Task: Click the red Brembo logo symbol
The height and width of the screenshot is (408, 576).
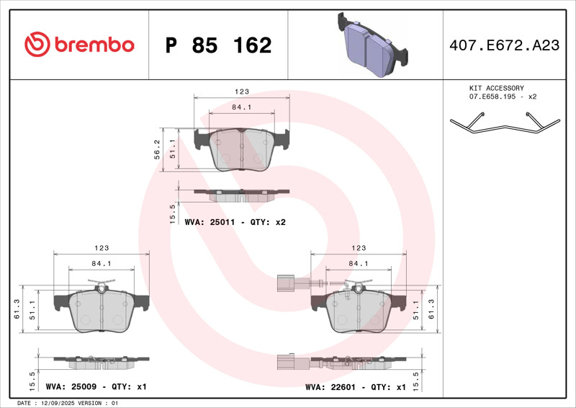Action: (x=37, y=44)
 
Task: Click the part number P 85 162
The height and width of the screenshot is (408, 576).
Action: (x=218, y=45)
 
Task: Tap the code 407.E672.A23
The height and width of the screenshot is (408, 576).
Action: (x=505, y=45)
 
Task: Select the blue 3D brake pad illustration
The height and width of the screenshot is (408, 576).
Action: (x=372, y=45)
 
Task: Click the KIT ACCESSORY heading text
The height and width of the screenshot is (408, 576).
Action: (x=496, y=88)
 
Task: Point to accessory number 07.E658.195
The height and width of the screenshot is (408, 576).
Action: (x=492, y=97)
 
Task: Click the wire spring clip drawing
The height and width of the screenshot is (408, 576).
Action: (x=505, y=123)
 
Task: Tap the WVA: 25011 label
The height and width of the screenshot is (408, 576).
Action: (x=210, y=222)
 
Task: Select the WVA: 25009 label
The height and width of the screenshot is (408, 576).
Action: (x=71, y=386)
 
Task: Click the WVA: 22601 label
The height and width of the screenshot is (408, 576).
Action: (x=330, y=387)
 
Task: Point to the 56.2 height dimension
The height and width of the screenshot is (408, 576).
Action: (x=157, y=149)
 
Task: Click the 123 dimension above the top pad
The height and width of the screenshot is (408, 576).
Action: (x=242, y=92)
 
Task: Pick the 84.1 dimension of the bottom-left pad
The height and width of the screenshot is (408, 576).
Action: (x=102, y=263)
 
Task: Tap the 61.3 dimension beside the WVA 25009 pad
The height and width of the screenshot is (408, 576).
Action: (x=17, y=309)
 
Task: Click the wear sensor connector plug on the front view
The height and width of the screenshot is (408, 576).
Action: (x=284, y=283)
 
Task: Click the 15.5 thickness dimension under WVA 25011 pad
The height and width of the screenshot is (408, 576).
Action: (x=172, y=214)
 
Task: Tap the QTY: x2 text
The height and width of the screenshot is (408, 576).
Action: (x=268, y=222)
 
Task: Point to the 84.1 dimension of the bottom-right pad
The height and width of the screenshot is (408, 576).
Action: (x=358, y=263)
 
